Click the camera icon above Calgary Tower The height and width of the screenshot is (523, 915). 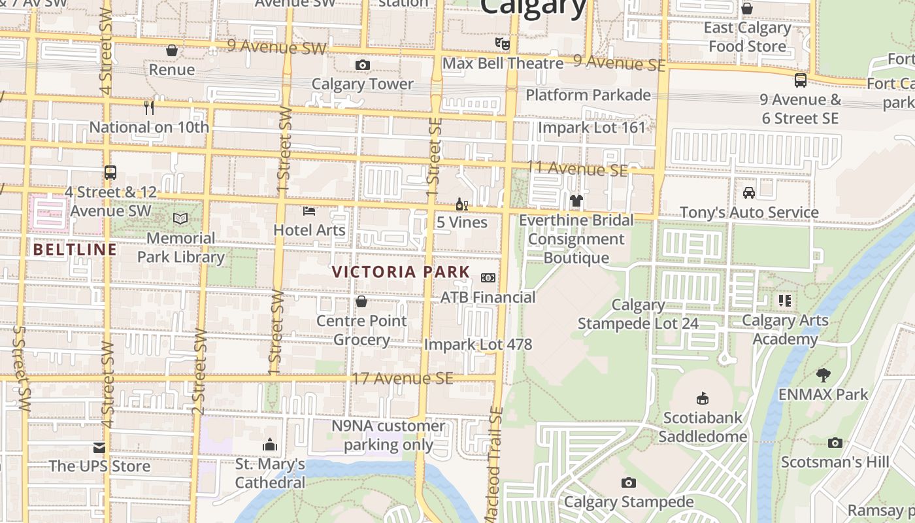(x=362, y=65)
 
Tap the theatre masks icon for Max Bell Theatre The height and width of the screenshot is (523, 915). (x=502, y=44)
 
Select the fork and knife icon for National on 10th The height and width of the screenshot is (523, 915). (x=149, y=107)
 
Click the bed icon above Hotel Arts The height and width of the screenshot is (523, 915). (x=309, y=211)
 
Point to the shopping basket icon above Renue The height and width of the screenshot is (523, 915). (x=172, y=50)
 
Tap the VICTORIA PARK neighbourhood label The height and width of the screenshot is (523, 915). (x=401, y=272)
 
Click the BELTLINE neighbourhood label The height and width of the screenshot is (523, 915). (x=75, y=249)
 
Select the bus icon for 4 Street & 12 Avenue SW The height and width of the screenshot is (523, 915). (x=110, y=173)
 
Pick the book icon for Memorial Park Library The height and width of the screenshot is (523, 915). (x=180, y=218)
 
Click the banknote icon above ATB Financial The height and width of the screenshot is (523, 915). (x=488, y=278)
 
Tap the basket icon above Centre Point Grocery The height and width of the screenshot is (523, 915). (x=361, y=301)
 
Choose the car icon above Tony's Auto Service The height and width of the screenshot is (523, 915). (x=749, y=193)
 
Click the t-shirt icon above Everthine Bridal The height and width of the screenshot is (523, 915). (x=576, y=200)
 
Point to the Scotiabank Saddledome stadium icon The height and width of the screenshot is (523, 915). (x=702, y=397)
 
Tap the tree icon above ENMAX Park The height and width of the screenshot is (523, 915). (x=823, y=375)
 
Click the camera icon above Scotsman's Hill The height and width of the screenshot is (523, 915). (x=835, y=443)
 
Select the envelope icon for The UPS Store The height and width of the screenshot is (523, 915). (x=99, y=447)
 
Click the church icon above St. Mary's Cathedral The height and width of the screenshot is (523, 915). (x=270, y=445)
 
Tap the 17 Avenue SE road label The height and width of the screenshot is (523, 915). (x=402, y=379)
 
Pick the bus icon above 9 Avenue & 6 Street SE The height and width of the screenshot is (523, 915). (x=800, y=80)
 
